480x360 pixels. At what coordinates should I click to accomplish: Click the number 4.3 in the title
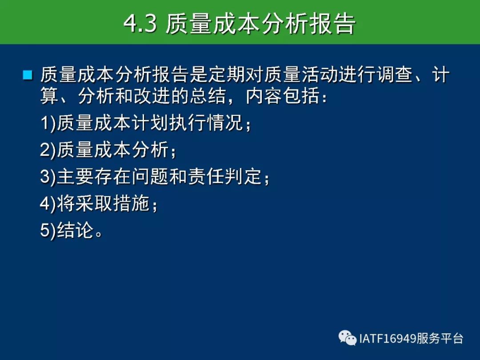click(x=140, y=24)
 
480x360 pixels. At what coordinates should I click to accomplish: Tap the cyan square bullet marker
click(x=28, y=75)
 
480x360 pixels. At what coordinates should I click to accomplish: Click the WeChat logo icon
click(x=348, y=338)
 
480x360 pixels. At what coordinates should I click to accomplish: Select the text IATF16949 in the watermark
click(x=388, y=339)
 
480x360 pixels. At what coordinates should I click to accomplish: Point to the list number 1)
click(x=48, y=123)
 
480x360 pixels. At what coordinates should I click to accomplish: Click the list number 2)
click(x=48, y=150)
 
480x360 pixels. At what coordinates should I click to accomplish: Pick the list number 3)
click(x=48, y=177)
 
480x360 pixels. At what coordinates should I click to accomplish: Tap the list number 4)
click(x=48, y=204)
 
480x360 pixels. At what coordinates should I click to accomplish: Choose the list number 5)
click(x=48, y=230)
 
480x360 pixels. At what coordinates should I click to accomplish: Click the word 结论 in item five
click(x=75, y=230)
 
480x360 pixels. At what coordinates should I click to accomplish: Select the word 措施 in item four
click(x=131, y=203)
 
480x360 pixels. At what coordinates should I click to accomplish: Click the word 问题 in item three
click(x=150, y=176)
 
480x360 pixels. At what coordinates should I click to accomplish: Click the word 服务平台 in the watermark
click(x=440, y=339)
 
